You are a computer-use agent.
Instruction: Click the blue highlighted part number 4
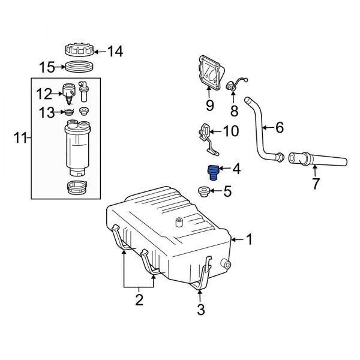click(x=211, y=172)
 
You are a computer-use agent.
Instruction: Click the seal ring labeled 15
click(x=78, y=67)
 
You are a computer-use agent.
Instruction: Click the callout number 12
click(x=44, y=93)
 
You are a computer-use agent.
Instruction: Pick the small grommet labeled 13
click(x=69, y=112)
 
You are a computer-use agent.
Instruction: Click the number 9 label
click(x=209, y=106)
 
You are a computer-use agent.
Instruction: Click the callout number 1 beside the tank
click(x=250, y=240)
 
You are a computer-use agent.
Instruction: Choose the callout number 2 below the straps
click(x=139, y=301)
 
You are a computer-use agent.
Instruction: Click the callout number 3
click(x=200, y=310)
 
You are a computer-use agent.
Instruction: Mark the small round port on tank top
click(x=178, y=223)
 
